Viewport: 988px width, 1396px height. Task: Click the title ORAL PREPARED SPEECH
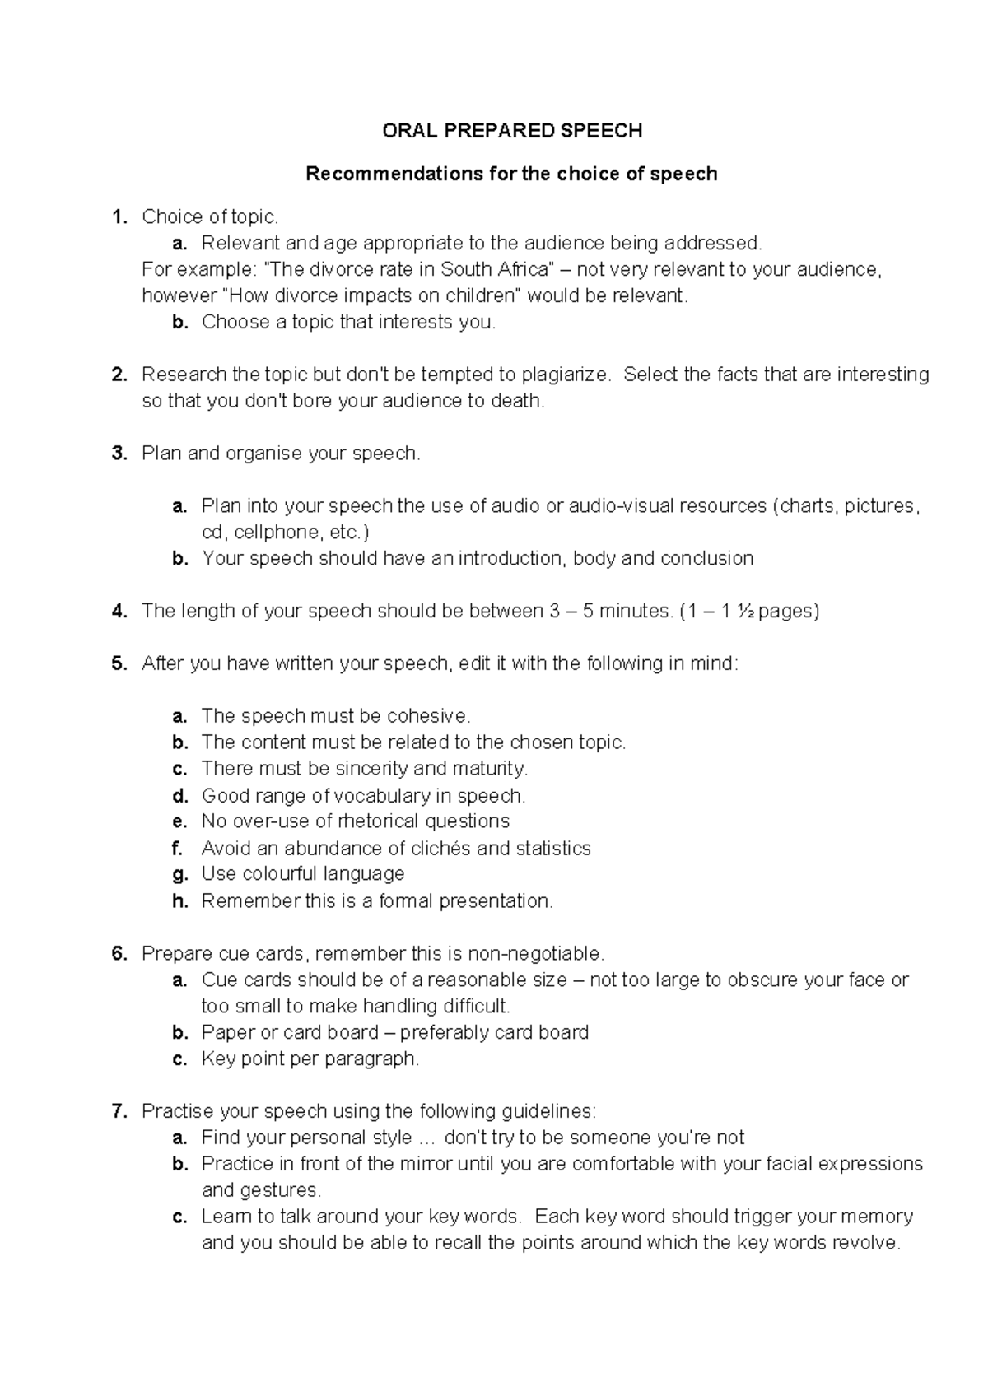point(512,131)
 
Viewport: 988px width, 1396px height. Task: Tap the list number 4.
point(119,611)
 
